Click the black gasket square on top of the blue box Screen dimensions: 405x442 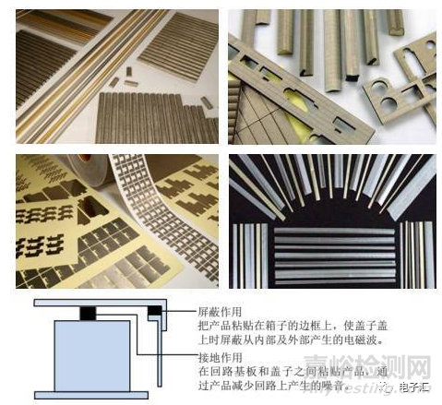pyautogui.click(x=89, y=315)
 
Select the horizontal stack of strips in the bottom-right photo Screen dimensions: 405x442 pyautogui.click(x=328, y=254)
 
